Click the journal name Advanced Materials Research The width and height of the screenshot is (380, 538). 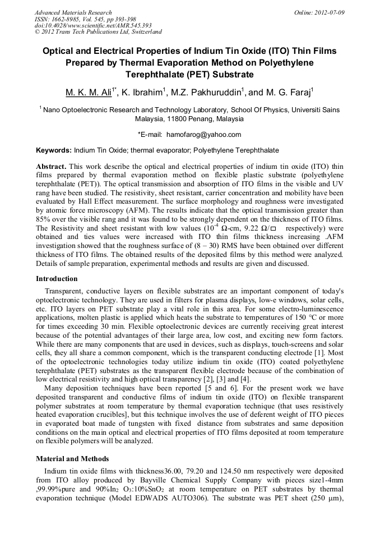pyautogui.click(x=73, y=12)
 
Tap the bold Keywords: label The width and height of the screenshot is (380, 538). pyautogui.click(x=54, y=151)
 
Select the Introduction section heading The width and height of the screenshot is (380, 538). pyautogui.click(x=57, y=279)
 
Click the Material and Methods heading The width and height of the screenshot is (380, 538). pyautogui.click(x=72, y=458)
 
